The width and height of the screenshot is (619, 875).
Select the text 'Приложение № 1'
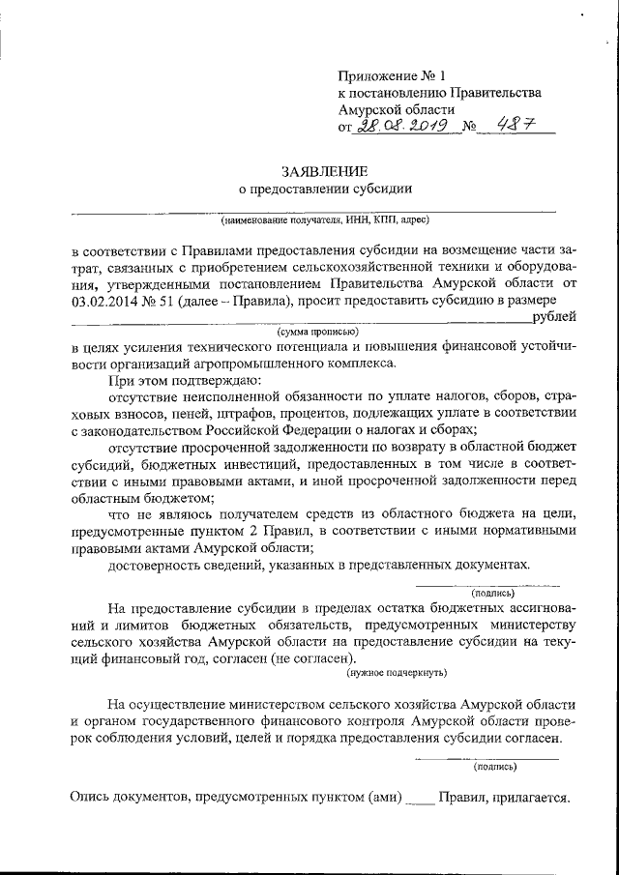[x=394, y=74]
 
